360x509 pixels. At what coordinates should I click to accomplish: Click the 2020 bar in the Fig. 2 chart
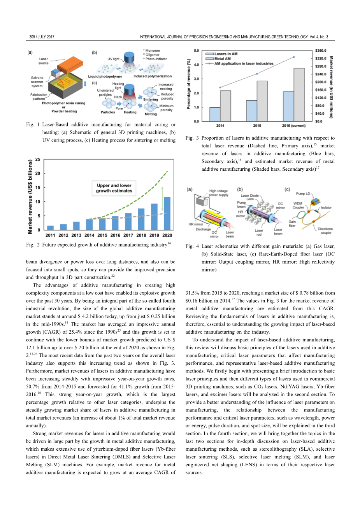pos(167,213)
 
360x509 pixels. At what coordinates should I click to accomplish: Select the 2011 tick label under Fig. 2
pos(50,235)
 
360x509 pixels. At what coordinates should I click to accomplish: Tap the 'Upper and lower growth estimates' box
pos(114,188)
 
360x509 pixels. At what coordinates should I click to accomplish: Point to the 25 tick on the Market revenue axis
pos(38,159)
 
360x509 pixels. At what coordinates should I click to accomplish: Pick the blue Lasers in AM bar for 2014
pos(215,114)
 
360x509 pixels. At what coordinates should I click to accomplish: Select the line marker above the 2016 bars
pos(294,57)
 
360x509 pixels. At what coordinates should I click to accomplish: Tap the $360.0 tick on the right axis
pos(321,51)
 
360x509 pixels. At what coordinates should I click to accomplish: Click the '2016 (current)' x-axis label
pos(294,126)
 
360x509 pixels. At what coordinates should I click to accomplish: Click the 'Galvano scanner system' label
pos(37,82)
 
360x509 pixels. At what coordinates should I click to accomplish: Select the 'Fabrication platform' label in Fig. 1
pos(39,96)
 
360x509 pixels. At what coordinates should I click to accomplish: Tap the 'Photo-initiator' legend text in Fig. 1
pos(156,59)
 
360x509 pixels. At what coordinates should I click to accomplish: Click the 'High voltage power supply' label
pos(218,193)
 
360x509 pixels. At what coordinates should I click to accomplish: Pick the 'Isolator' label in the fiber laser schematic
pos(326,208)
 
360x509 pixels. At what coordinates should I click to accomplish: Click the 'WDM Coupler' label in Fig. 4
pos(298,205)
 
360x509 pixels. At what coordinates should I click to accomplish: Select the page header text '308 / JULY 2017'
pos(42,37)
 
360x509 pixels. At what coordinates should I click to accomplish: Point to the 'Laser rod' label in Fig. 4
pos(259,232)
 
